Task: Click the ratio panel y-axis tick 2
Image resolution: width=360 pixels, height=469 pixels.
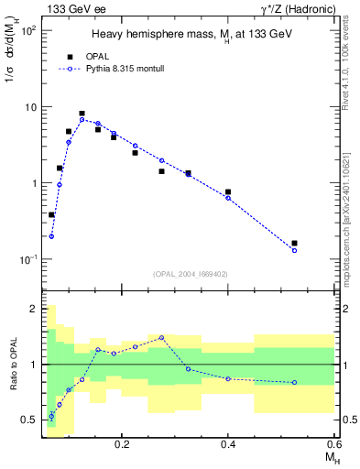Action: point(34,309)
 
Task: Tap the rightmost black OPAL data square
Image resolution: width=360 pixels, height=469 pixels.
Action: point(294,244)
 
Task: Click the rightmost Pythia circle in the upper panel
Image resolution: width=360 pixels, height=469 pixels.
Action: point(294,250)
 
